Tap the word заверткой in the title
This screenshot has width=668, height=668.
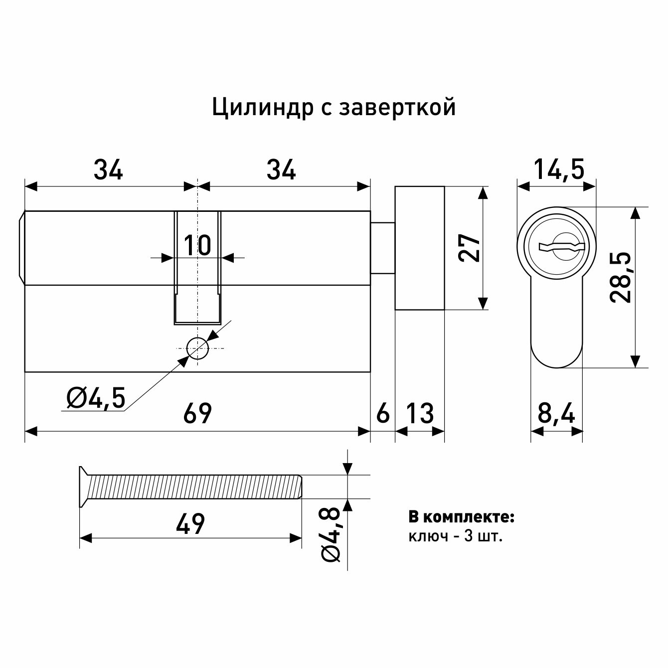[397, 108]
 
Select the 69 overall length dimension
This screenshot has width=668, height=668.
[197, 413]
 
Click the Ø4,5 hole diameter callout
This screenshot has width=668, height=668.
[96, 398]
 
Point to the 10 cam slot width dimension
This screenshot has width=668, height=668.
[197, 245]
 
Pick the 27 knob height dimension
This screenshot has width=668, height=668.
[469, 248]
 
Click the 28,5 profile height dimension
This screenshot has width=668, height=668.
[621, 278]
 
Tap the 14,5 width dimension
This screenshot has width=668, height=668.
[559, 169]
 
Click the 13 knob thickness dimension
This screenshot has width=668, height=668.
[420, 413]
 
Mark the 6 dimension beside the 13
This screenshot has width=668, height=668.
[383, 413]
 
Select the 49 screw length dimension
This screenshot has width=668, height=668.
[190, 524]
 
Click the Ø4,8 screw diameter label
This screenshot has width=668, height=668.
[330, 535]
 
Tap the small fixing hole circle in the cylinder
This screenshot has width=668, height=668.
[197, 348]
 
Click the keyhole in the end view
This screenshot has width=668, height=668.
[562, 246]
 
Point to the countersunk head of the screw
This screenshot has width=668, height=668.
[84, 487]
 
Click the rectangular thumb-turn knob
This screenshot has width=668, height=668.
[419, 248]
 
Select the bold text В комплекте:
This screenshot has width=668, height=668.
[462, 517]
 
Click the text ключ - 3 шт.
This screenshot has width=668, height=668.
[456, 536]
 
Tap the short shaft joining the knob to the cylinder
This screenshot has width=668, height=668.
[383, 248]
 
